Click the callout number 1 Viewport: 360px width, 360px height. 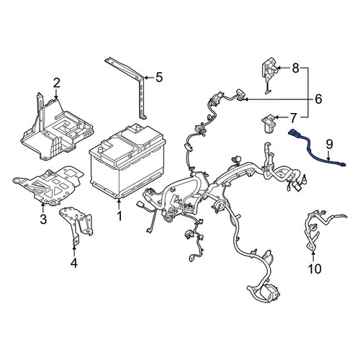120,216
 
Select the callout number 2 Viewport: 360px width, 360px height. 56,83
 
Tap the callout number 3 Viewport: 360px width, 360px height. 43,219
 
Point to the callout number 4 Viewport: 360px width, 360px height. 74,263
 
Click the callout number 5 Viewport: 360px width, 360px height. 159,77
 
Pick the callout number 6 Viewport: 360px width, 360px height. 318,99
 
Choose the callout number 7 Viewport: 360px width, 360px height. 294,118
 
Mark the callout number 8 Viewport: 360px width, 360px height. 296,68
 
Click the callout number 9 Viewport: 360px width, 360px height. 329,144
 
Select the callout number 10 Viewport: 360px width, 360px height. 315,269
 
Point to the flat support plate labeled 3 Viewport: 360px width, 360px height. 48,186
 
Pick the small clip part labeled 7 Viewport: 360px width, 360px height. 269,124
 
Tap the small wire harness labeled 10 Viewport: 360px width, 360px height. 317,230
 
